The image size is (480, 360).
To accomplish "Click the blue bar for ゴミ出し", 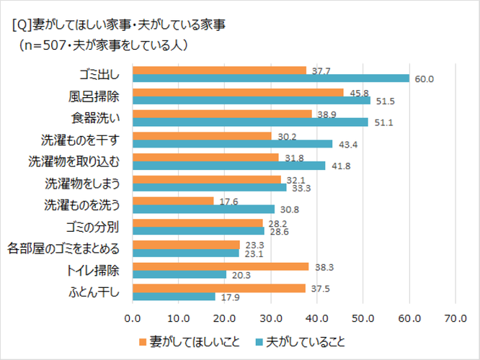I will coord(271,78).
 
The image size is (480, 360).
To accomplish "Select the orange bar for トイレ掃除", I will coord(221,266).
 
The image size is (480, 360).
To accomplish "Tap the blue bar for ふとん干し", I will coord(174,296).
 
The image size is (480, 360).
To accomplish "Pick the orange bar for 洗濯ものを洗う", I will coord(173,201).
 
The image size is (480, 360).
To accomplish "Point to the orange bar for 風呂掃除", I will coord(238,92).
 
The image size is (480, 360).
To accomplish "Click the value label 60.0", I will coord(424,78).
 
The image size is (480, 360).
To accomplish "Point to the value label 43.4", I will coord(345,144).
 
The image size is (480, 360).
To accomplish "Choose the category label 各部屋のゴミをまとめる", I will coord(63,249).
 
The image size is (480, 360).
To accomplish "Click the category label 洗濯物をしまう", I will coord(82,182).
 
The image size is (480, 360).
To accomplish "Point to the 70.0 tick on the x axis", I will coord(455,317).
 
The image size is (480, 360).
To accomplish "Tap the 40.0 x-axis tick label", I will coord(317,317).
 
